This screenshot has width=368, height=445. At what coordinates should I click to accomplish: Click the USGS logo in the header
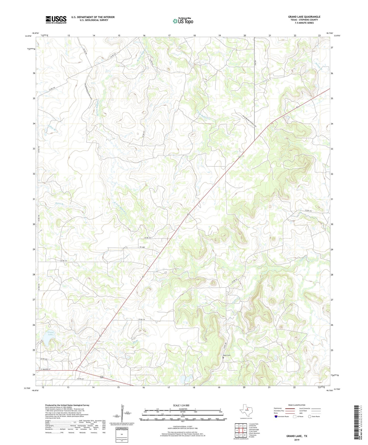coord(56,20)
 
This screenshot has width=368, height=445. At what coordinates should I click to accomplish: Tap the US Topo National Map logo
coord(183,21)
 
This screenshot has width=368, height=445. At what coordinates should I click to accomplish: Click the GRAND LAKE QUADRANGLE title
coord(304,17)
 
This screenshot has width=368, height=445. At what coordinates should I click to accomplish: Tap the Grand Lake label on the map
coord(50,333)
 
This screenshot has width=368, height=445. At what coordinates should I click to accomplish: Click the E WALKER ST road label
coord(45,369)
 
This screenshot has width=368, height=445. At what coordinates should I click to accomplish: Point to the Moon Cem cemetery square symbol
coord(223,358)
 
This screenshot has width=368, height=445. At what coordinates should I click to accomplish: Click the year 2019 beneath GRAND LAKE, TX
coord(297,440)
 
